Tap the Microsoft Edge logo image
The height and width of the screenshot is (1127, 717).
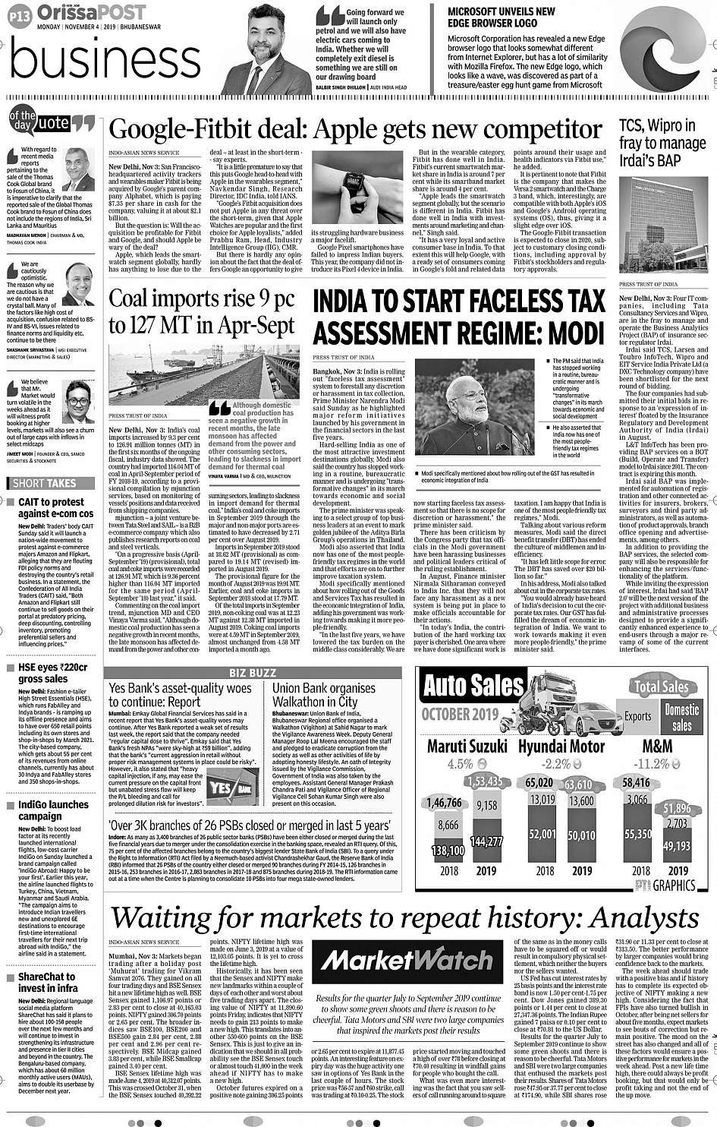pyautogui.click(x=662, y=49)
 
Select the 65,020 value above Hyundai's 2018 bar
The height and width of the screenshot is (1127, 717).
pyautogui.click(x=539, y=782)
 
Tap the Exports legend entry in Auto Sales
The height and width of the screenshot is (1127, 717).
pyautogui.click(x=637, y=716)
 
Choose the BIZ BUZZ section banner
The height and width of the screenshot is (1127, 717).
pyautogui.click(x=253, y=673)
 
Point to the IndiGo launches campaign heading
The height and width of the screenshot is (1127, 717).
pyautogui.click(x=53, y=810)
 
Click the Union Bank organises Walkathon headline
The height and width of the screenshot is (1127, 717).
pyautogui.click(x=324, y=695)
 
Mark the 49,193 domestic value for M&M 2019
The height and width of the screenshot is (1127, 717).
pyautogui.click(x=677, y=845)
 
